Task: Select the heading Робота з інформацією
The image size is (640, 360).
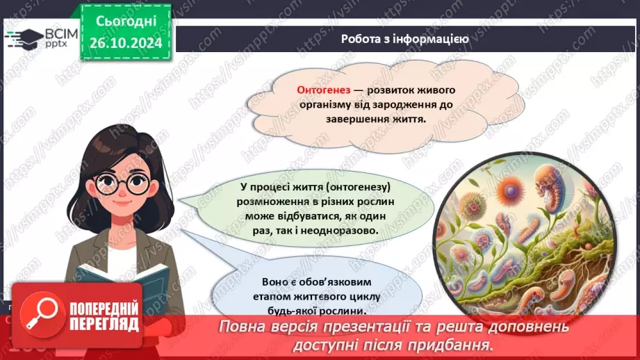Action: pyautogui.click(x=404, y=40)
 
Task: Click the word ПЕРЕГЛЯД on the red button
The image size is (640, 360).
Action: pyautogui.click(x=104, y=324)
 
